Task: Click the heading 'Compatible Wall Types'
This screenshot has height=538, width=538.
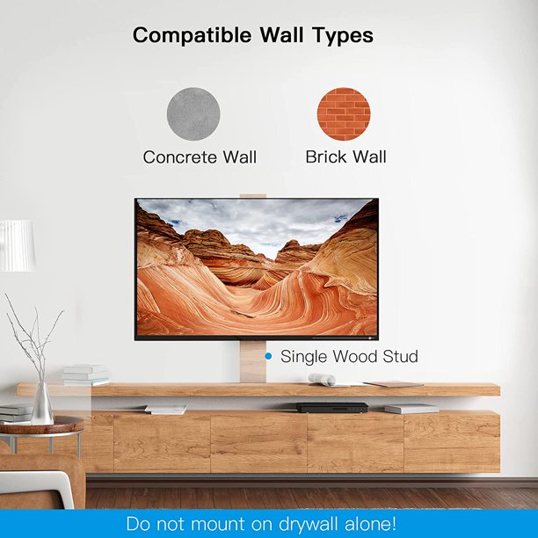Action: [252, 36]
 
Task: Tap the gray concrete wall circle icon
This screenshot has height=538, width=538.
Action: [193, 113]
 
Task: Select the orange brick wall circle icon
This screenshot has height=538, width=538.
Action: [344, 113]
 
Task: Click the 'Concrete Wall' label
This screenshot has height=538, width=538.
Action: [200, 157]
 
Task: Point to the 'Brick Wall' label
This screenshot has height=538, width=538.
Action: [345, 157]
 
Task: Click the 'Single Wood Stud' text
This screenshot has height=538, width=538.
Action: [349, 356]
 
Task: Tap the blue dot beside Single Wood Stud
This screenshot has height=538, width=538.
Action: [268, 356]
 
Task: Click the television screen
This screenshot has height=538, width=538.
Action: [256, 268]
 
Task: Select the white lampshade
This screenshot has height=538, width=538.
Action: [17, 245]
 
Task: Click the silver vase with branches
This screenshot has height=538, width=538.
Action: [41, 403]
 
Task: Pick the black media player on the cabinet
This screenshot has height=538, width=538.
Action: [331, 407]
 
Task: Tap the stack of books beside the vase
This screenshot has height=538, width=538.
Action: [85, 375]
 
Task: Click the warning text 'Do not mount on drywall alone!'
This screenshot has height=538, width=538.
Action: [261, 524]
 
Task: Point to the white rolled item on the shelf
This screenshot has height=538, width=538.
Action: [321, 379]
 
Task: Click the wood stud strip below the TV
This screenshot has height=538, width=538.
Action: [253, 361]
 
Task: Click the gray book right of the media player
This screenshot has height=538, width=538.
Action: [411, 409]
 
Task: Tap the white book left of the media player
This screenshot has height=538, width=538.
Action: [166, 409]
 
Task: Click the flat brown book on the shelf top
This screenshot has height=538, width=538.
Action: [394, 383]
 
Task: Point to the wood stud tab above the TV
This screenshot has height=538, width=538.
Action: [253, 193]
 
